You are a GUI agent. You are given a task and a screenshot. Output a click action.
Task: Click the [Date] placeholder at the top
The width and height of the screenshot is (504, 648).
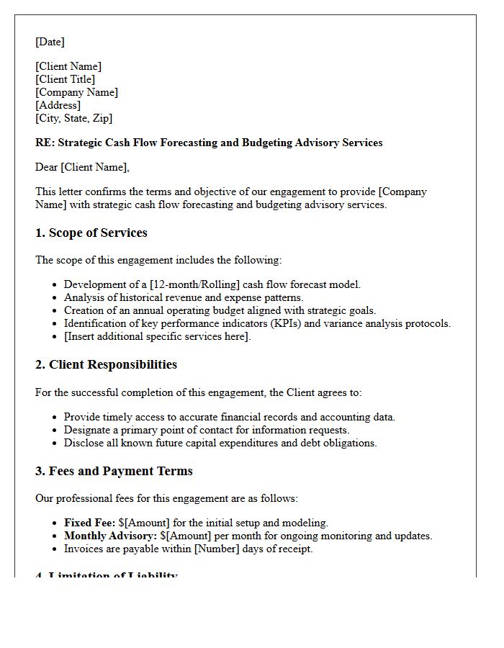[x=50, y=42]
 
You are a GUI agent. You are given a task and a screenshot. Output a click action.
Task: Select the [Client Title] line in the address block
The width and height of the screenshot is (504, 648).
[x=65, y=79]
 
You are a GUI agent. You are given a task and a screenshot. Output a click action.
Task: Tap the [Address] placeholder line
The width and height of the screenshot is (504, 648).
[x=58, y=105]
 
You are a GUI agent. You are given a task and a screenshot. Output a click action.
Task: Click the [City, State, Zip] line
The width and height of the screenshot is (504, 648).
[x=73, y=118]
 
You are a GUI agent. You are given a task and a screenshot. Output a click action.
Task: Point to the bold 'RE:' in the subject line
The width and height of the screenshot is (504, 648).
[x=45, y=143]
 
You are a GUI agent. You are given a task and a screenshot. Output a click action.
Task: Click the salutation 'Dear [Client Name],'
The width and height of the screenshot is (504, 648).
[x=82, y=167]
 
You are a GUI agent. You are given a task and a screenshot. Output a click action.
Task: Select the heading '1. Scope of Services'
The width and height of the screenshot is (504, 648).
[x=91, y=233]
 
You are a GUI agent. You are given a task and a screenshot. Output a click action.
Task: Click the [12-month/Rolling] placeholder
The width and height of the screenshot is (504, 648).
[x=195, y=284]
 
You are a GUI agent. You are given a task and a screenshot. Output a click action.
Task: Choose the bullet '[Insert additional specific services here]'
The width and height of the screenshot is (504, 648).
[x=157, y=336]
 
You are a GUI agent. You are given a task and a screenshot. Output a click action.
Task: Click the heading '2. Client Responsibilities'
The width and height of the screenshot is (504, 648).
[x=106, y=364]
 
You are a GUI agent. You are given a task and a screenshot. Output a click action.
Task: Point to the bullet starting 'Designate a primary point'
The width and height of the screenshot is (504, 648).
[x=207, y=430]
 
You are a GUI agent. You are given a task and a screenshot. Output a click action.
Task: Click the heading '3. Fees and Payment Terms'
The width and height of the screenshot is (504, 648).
[x=114, y=471]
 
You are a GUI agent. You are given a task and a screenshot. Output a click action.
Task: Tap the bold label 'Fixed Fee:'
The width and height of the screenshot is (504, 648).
[x=89, y=523]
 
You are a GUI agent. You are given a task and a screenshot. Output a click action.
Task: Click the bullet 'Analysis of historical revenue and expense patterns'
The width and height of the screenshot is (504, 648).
[x=184, y=297]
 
